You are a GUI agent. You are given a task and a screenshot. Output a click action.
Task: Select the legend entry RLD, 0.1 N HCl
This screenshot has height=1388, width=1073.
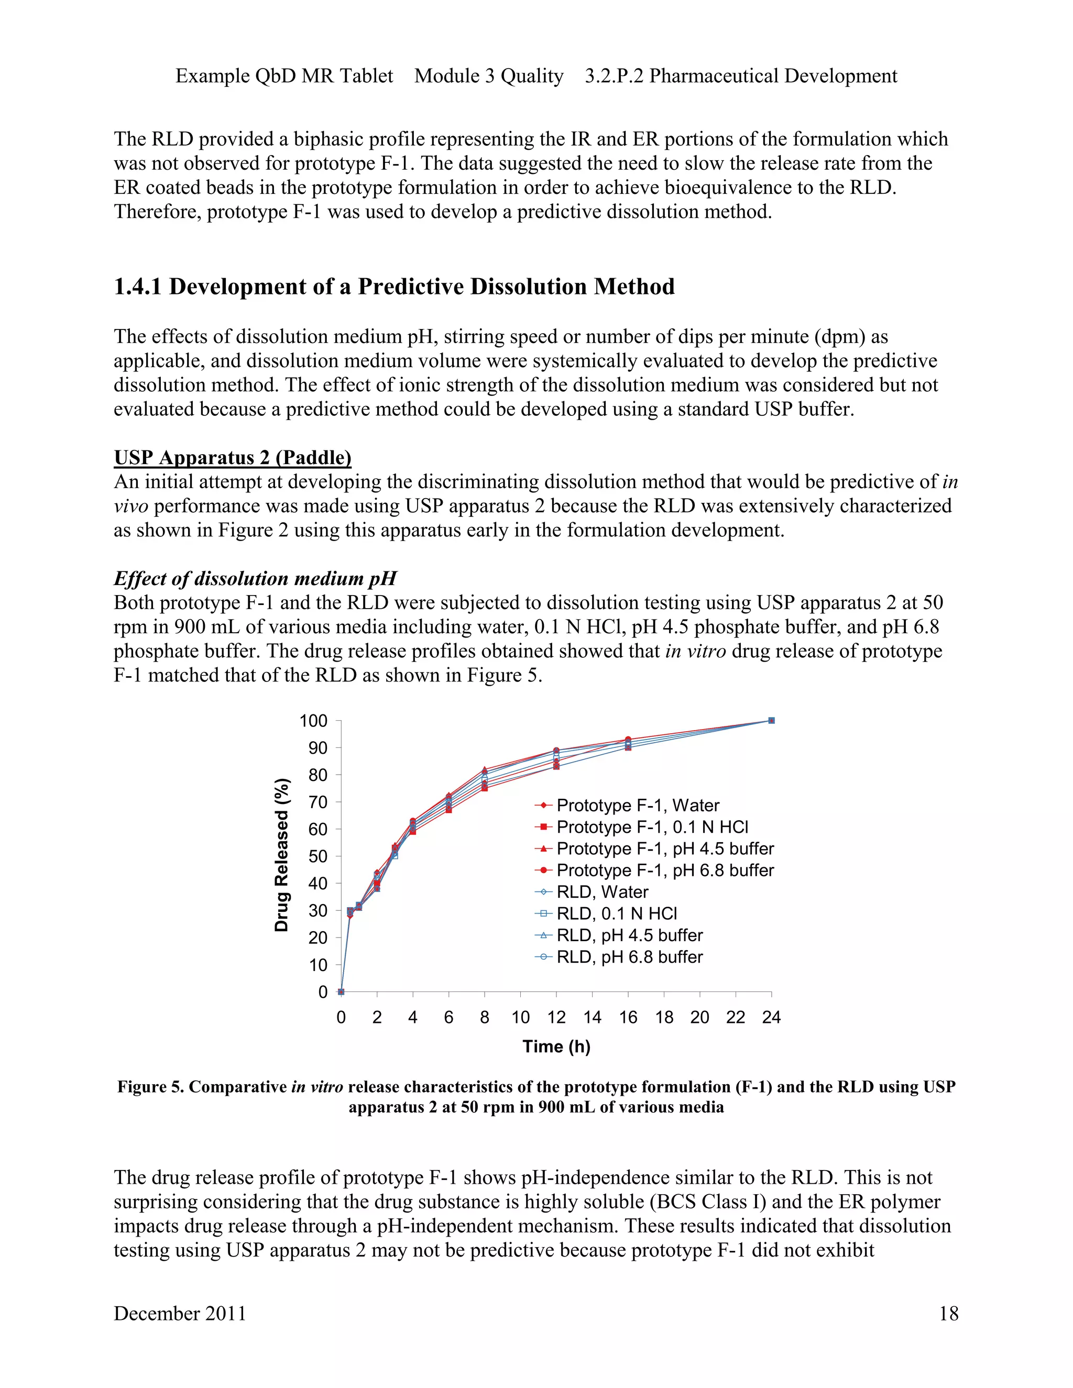[617, 913]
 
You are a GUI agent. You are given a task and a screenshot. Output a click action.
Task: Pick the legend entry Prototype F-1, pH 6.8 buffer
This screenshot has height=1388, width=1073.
[665, 870]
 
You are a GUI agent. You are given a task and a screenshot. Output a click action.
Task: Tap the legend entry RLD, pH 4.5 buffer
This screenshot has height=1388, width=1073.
[629, 935]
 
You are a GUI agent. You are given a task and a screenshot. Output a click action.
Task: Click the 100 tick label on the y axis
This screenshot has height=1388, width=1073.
[313, 721]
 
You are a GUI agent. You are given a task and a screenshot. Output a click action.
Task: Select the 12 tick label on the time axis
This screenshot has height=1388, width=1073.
[556, 1018]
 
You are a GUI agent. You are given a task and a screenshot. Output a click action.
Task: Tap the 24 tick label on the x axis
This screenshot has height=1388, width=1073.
[771, 1018]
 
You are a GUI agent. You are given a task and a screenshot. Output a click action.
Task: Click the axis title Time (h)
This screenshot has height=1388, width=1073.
[556, 1046]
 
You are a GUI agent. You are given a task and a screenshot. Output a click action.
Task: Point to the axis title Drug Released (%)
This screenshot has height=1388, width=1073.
[281, 855]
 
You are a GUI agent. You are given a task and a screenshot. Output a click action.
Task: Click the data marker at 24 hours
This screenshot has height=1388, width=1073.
[771, 720]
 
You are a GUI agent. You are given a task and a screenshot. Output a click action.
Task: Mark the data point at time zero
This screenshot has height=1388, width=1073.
[342, 992]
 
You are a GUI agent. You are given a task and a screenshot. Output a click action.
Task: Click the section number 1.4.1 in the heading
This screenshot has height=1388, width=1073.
[138, 287]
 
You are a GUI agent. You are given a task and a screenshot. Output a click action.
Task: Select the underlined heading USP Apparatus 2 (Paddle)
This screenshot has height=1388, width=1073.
[232, 458]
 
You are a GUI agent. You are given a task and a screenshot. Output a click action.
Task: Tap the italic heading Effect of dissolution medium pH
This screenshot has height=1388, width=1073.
[255, 578]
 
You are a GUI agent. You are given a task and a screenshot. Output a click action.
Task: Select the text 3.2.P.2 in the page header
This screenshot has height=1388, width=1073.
[614, 75]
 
